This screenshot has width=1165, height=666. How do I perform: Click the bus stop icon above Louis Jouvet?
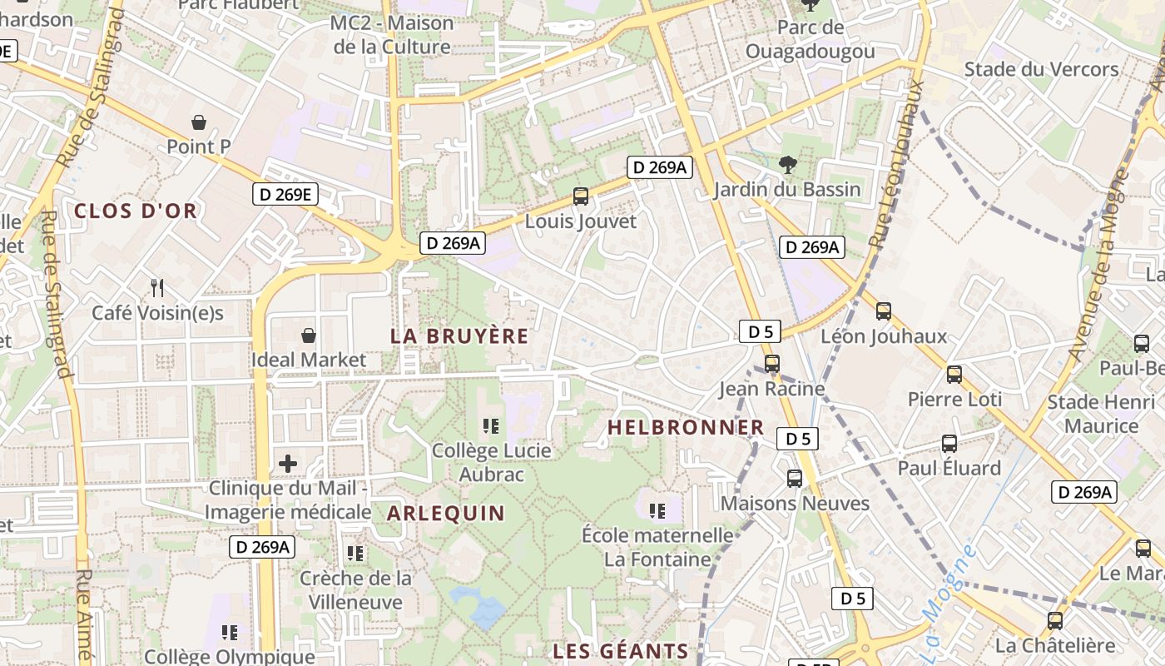click(x=581, y=196)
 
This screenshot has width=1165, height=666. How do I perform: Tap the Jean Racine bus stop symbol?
click(x=772, y=364)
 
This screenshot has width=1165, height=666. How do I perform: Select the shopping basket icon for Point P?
click(x=199, y=122)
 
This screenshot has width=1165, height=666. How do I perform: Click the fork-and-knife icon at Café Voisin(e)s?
click(x=157, y=288)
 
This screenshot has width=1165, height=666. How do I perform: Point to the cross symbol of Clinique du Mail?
click(x=288, y=463)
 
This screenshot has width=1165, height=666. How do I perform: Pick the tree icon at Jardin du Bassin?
click(x=787, y=165)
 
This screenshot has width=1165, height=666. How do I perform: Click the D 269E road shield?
click(x=285, y=195)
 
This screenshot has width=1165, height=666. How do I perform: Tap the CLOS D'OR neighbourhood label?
click(x=136, y=211)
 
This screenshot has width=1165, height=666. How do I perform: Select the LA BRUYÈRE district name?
click(x=459, y=336)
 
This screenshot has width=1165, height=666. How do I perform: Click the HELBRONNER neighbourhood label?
click(x=686, y=428)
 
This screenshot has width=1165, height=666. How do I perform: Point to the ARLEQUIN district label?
click(x=446, y=513)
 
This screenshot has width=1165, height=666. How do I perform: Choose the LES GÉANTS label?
click(x=621, y=651)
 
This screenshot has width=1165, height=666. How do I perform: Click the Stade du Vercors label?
click(x=1041, y=69)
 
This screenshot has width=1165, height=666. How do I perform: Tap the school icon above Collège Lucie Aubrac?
click(x=491, y=426)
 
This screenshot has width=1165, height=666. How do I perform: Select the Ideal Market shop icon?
click(x=309, y=335)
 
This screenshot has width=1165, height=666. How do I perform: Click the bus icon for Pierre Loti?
click(x=954, y=375)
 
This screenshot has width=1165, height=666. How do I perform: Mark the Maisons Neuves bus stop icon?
click(x=795, y=479)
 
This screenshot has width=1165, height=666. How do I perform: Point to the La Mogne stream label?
click(x=949, y=588)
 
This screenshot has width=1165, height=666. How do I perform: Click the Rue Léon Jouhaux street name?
click(x=897, y=163)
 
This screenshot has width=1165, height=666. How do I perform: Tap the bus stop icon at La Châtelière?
click(x=1055, y=621)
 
